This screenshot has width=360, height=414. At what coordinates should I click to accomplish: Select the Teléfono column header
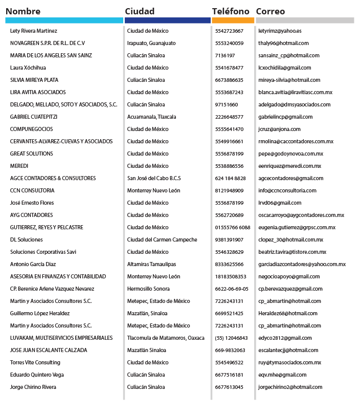tap(231, 11)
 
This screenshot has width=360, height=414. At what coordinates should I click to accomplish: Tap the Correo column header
tap(271, 11)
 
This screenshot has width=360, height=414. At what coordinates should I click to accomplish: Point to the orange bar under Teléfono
tap(233, 20)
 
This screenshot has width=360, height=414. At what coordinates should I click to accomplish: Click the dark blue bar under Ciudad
tap(167, 20)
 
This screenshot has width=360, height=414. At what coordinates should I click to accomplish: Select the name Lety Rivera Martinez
tap(34, 31)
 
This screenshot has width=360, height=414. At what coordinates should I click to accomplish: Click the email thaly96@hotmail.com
tap(283, 43)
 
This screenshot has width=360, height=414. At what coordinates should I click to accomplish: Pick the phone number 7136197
tap(225, 56)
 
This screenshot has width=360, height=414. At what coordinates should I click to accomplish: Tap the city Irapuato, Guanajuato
tap(151, 43)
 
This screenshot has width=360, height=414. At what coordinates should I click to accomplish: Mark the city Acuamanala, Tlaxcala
tap(151, 117)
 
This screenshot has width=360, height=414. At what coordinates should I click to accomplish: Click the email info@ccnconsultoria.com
tap(287, 191)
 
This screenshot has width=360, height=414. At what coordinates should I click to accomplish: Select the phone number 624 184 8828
tap(230, 179)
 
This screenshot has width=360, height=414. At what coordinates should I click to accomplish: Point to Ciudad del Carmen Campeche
tap(162, 240)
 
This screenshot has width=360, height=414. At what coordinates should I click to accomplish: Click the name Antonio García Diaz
tap(33, 265)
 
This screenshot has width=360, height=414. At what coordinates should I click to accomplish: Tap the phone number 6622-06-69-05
tap(233, 289)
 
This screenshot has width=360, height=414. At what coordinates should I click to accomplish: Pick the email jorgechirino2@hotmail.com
tap(290, 387)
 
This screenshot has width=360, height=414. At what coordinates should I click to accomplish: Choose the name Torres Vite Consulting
tap(35, 363)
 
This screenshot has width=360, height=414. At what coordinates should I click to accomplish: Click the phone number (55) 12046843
tap(231, 338)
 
